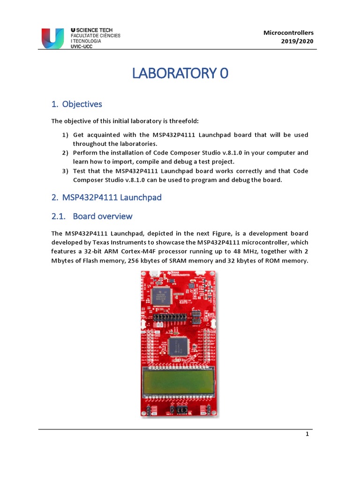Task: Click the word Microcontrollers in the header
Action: [x=288, y=32]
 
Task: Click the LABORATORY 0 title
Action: [x=180, y=74]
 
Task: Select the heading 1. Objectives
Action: [x=76, y=104]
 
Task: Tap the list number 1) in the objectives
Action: [x=65, y=135]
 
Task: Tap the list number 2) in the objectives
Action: [x=65, y=153]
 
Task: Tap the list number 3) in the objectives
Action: [x=65, y=171]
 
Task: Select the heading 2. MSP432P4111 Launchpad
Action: [x=106, y=197]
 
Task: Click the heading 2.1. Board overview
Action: [x=92, y=216]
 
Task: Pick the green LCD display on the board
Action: [x=180, y=381]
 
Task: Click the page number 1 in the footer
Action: [x=307, y=434]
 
